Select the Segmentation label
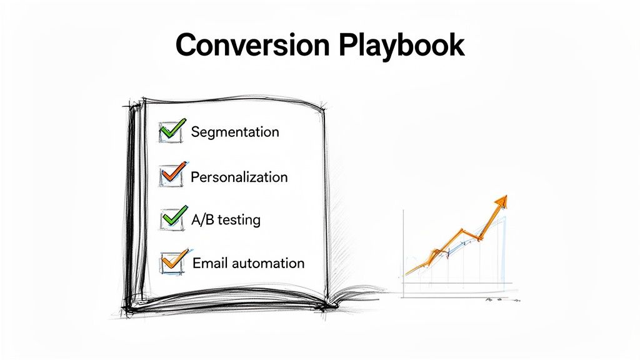[235, 132]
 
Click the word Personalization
[239, 177]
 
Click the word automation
[268, 263]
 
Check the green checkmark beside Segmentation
[171, 130]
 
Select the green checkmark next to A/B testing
[172, 216]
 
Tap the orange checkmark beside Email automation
[172, 259]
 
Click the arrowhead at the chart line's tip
[501, 202]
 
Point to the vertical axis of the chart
[404, 250]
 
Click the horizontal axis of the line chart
[459, 284]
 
